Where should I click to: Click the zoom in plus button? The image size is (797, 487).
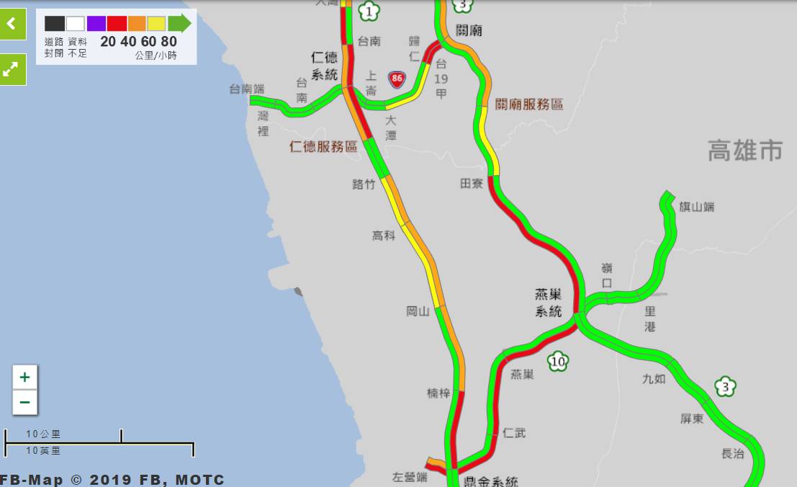click(x=24, y=377)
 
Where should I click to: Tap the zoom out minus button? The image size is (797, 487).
click(x=24, y=402)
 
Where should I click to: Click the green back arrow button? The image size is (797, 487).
click(x=12, y=24)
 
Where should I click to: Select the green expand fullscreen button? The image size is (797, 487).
click(x=12, y=69)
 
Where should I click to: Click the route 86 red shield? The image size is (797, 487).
click(x=396, y=79)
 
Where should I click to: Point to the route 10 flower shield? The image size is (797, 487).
click(x=557, y=362)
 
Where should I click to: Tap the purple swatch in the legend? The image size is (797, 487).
click(x=96, y=24)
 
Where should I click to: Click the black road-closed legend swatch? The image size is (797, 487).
click(x=55, y=24)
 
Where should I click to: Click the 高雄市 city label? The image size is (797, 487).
click(x=744, y=151)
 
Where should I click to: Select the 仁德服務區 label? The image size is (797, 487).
click(x=323, y=147)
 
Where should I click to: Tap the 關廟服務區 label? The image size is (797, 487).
click(x=528, y=104)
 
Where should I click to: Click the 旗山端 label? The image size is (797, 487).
click(x=697, y=207)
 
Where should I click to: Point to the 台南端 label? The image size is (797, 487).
click(x=246, y=89)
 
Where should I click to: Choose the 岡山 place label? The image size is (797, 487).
click(x=418, y=311)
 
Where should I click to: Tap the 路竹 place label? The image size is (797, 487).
click(x=364, y=184)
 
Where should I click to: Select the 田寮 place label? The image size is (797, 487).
click(x=472, y=184)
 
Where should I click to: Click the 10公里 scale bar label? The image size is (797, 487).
click(x=43, y=434)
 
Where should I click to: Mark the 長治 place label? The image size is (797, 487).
click(x=732, y=453)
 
